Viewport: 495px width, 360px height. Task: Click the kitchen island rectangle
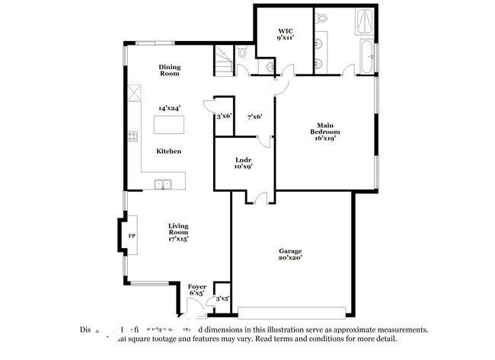pos(168,124)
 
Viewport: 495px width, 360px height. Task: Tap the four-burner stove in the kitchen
pos(133,137)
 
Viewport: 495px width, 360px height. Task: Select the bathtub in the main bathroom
pos(366,58)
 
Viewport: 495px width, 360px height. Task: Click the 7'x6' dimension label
pos(255,116)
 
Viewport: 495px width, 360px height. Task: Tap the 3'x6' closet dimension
pos(224,116)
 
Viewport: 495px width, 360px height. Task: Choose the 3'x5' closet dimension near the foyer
pos(222,298)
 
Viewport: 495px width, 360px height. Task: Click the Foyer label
pos(197,289)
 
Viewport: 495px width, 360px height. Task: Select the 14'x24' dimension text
pos(169,108)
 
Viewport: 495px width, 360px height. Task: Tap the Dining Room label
pos(169,71)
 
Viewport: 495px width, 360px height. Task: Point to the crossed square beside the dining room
pos(133,92)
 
